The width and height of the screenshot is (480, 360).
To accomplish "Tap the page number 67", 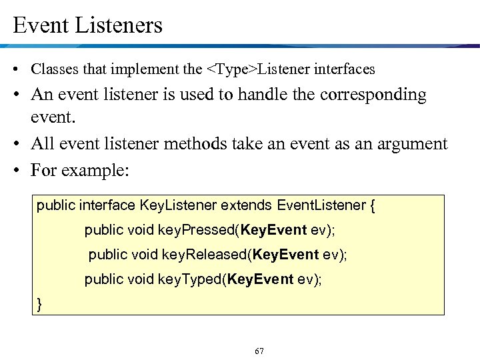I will point(259,351).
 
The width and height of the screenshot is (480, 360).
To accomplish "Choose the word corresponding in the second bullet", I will point(373,95).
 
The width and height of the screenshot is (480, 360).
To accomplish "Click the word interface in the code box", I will point(106,205).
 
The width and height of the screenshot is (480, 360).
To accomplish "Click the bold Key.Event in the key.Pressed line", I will point(274,230).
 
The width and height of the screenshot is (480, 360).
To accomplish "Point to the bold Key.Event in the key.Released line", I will point(287,255).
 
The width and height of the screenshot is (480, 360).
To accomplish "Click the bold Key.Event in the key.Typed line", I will point(260,279).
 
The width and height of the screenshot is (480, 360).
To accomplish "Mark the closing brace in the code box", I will point(39,303).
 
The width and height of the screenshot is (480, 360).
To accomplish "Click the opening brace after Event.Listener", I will point(372,205).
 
